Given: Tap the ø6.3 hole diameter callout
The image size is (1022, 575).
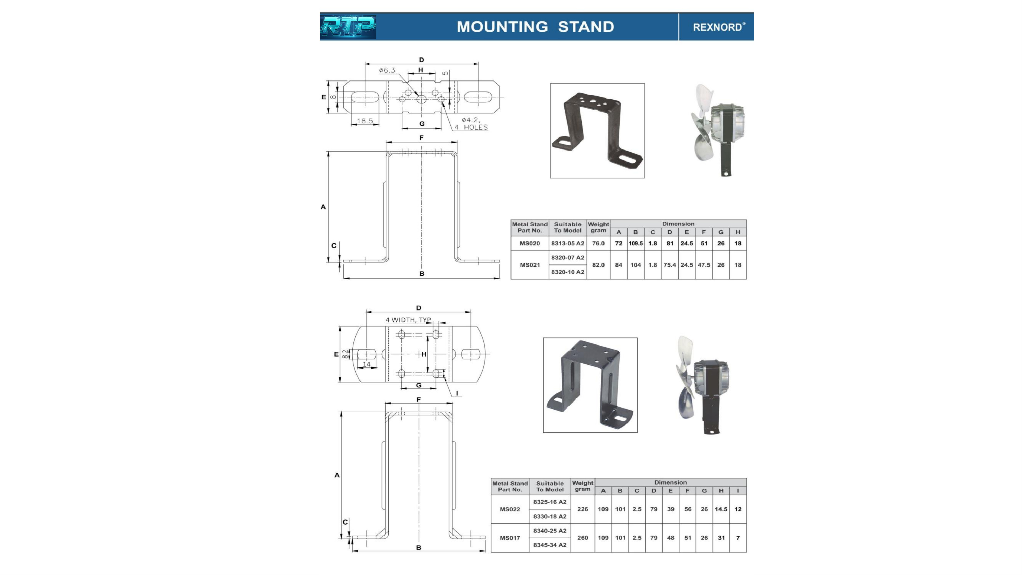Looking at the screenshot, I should pyautogui.click(x=387, y=70).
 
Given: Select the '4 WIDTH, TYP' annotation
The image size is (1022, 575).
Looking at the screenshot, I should pyautogui.click(x=408, y=320).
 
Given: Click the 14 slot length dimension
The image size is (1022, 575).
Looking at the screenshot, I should pyautogui.click(x=367, y=364).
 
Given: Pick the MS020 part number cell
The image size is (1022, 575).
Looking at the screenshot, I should pyautogui.click(x=530, y=243).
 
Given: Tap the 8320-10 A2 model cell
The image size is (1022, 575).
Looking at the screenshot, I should pyautogui.click(x=567, y=272).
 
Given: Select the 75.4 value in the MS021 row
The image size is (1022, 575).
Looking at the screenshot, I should pyautogui.click(x=670, y=265).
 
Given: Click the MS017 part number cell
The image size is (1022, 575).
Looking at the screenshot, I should pyautogui.click(x=510, y=538).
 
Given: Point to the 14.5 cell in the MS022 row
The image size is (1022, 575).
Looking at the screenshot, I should pyautogui.click(x=721, y=509).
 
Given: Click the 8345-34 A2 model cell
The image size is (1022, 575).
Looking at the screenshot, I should pyautogui.click(x=550, y=545).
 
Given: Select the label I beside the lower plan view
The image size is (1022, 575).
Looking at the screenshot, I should pyautogui.click(x=457, y=393).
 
